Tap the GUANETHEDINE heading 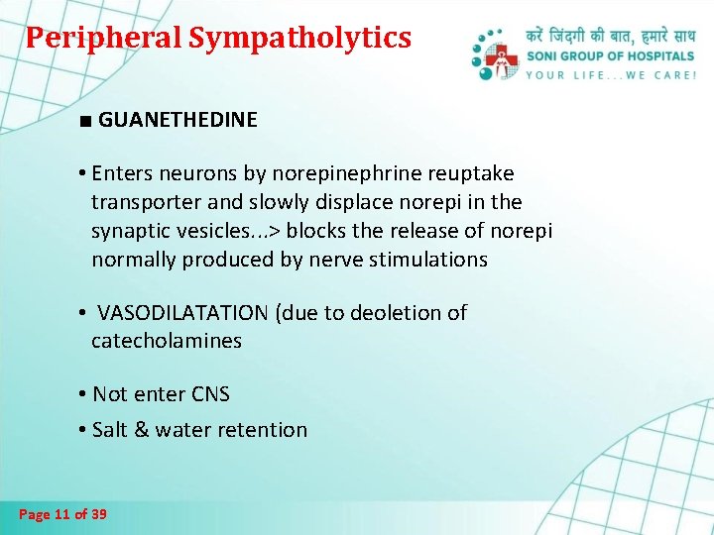point(178,120)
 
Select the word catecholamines point(167,341)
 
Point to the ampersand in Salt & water point(143,430)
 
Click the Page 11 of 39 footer point(63,514)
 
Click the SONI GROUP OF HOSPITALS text point(611,56)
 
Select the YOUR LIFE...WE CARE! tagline point(611,75)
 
